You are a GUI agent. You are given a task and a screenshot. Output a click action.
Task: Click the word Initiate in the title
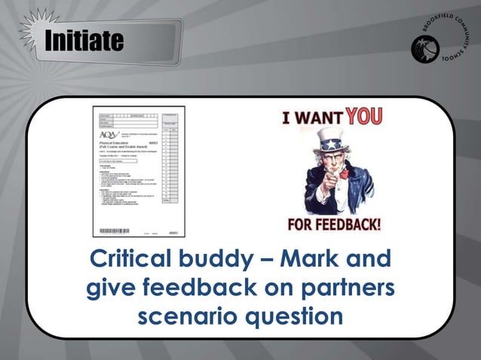coord(83,41)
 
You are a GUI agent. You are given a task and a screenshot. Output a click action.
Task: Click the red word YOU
coord(364,116)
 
